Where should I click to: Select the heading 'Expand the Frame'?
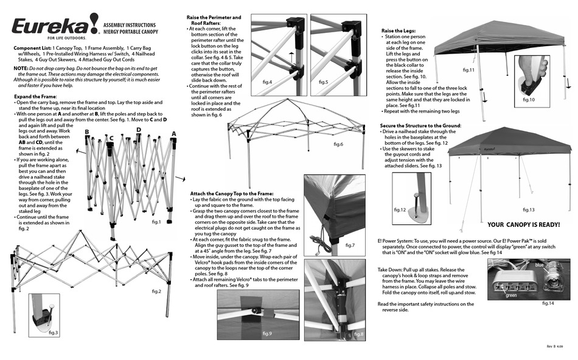tap(35, 97)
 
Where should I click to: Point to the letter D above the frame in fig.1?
tap(139, 130)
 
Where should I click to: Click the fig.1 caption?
tap(156, 222)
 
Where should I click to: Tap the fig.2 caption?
tap(156, 291)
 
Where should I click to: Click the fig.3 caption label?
tap(54, 333)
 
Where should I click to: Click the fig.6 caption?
tap(338, 144)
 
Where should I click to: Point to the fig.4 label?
tap(267, 81)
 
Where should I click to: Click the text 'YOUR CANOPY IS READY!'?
tap(523, 224)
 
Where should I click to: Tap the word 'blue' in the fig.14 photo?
tap(540, 265)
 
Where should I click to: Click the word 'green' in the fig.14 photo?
tap(511, 296)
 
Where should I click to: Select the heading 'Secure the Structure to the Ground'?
tap(420, 125)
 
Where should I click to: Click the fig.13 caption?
tap(528, 210)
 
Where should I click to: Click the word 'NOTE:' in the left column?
tap(21, 68)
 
